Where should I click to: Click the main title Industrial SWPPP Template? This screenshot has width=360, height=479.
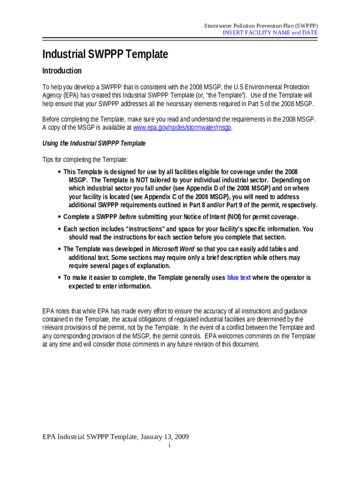pos(105,54)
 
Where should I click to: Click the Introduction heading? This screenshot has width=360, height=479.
pos(62,71)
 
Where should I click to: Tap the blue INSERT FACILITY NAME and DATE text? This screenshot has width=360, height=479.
pos(270,33)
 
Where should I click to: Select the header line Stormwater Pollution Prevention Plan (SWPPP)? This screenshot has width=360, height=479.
pos(261,25)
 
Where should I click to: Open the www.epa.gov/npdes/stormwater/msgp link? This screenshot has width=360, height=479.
pos(182,128)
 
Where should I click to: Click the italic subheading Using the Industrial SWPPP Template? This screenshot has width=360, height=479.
pos(94,144)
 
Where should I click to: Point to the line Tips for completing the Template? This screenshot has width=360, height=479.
pos(85,160)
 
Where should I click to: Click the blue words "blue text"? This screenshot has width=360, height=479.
pos(239,278)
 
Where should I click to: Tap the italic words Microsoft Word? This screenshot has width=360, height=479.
pos(174,249)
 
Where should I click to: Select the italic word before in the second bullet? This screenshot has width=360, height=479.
pos(128,217)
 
